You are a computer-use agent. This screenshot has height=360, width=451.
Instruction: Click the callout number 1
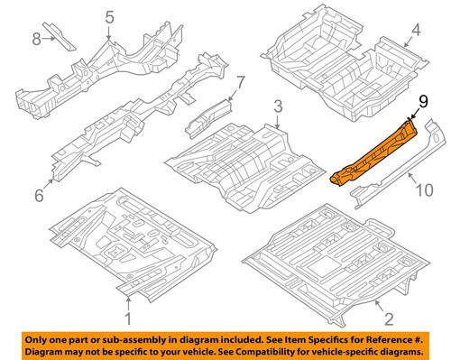click(x=127, y=318)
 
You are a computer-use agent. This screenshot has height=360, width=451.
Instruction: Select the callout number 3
click(x=279, y=107)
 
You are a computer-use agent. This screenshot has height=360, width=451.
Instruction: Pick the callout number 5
click(x=109, y=17)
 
